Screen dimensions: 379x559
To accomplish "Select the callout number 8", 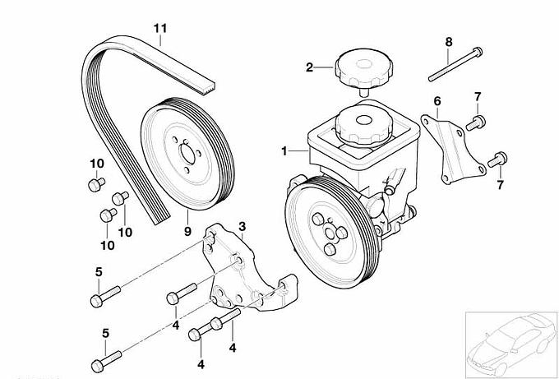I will coord(449,41).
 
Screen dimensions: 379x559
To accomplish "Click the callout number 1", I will coord(284,151).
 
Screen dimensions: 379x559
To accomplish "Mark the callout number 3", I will coord(242,225).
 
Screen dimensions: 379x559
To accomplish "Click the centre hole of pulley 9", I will coord(186,153).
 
